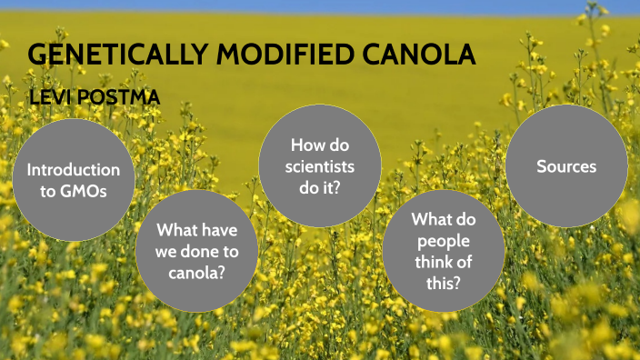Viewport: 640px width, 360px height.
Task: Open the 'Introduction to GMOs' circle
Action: click(x=73, y=180)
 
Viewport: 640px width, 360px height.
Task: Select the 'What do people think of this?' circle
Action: click(x=442, y=251)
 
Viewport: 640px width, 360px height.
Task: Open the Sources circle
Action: click(x=566, y=166)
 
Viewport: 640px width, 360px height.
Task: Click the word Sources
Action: click(x=566, y=166)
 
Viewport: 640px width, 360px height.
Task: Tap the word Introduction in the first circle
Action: click(x=73, y=170)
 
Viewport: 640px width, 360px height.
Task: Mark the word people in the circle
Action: click(x=443, y=240)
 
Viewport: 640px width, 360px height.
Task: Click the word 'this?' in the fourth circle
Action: click(x=443, y=282)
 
